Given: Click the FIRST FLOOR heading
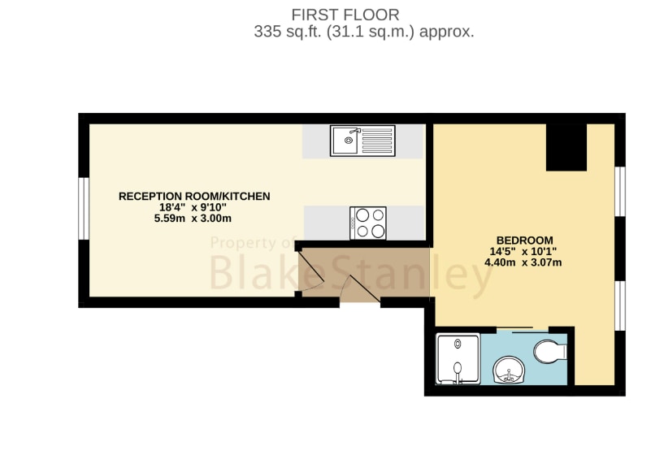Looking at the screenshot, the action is pos(345,15).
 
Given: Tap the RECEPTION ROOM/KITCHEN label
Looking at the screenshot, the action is pos(194,196).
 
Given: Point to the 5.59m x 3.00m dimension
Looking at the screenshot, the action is pos(193,219).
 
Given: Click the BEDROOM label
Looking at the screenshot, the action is pos(525,240).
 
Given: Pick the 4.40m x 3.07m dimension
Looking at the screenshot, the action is pos(523,262).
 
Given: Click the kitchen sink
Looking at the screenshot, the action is pos(362,141).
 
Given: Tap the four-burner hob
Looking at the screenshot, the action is pos(368,223).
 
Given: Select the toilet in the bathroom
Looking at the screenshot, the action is pos(550,351).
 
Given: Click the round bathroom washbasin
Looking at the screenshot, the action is pos(509,370).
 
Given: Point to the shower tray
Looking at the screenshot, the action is pos(458,359).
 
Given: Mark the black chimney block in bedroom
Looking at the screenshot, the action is pos(566,147).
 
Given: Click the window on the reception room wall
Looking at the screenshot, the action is pos(84,208).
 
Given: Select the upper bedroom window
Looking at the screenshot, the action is pos(620,192).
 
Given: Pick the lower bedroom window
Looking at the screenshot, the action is pos(620,305).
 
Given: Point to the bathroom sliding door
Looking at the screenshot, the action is pos(522,330).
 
